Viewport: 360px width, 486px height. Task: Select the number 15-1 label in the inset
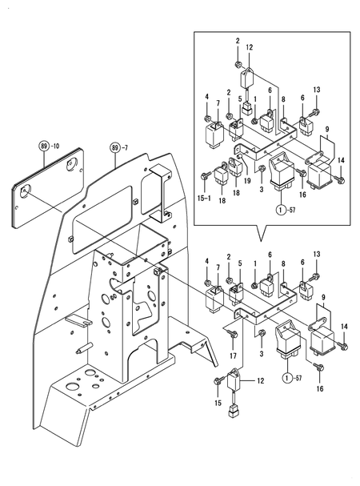point(204,196)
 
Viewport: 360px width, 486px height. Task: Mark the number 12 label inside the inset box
point(250,47)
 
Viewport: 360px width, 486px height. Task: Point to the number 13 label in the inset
point(315,89)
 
